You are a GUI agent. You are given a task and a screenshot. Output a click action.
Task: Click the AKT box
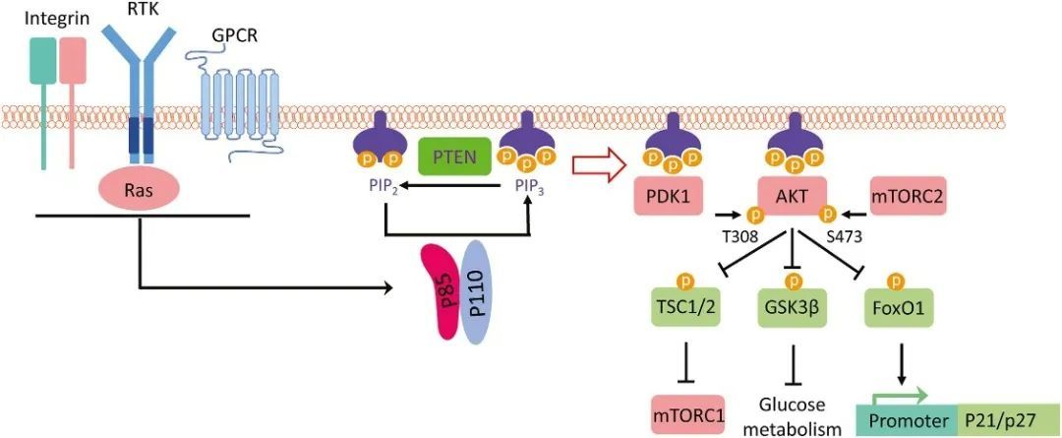coord(792,197)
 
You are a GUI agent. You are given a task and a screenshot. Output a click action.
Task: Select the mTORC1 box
coord(688,414)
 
